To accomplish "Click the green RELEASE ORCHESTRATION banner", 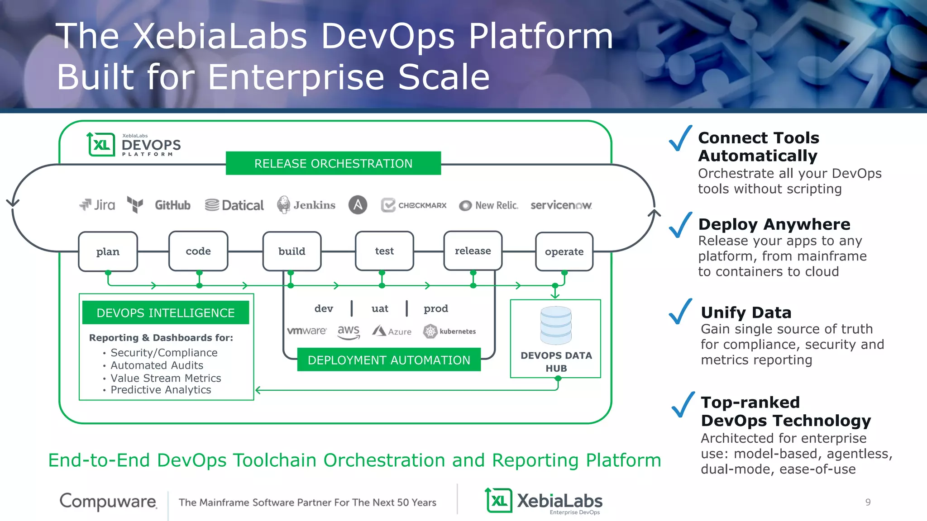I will pyautogui.click(x=333, y=163).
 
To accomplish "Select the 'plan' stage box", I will pyautogui.click(x=108, y=251).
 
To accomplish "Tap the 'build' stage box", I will pyautogui.click(x=292, y=251).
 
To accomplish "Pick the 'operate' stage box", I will pyautogui.click(x=564, y=252).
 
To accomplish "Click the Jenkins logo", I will pyautogui.click(x=306, y=205).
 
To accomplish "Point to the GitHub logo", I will pyautogui.click(x=172, y=205).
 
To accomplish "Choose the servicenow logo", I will pyautogui.click(x=561, y=205).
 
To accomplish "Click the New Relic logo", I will pyautogui.click(x=488, y=205).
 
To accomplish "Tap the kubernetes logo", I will pyautogui.click(x=449, y=332).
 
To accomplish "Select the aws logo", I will pyautogui.click(x=349, y=332).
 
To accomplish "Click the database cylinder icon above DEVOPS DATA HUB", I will pyautogui.click(x=556, y=325).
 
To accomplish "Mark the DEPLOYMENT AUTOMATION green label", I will pyautogui.click(x=389, y=360).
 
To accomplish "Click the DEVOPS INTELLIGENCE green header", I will pyautogui.click(x=166, y=313).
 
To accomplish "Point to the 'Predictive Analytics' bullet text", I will pyautogui.click(x=161, y=390).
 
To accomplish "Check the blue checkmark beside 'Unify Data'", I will pyautogui.click(x=680, y=312).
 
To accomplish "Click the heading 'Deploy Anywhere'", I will pyautogui.click(x=774, y=224).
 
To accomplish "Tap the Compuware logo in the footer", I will pyautogui.click(x=109, y=501).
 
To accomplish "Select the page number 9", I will pyautogui.click(x=868, y=502).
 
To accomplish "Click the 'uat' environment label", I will pyautogui.click(x=380, y=308).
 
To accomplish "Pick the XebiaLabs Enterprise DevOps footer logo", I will pyautogui.click(x=544, y=501).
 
